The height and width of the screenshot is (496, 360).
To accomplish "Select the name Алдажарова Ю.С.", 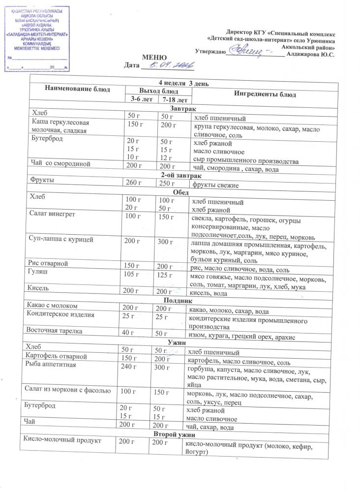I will click(311, 55).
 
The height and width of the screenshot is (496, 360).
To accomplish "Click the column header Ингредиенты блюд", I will click(265, 93).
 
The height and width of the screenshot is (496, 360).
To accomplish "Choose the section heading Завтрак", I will click(182, 108).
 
